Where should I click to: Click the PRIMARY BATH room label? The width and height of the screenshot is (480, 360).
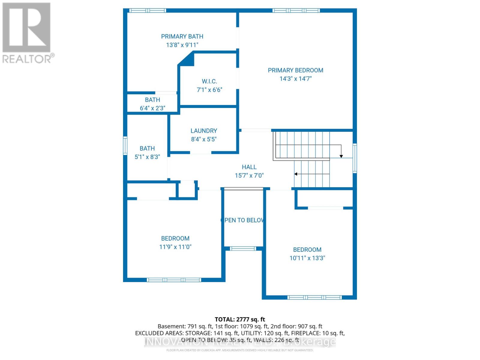pyautogui.click(x=182, y=37)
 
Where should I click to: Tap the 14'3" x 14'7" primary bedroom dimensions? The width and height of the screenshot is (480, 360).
pyautogui.click(x=295, y=79)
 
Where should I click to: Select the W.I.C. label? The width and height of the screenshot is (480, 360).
pyautogui.click(x=209, y=81)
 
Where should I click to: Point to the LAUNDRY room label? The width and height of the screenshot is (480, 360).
pyautogui.click(x=204, y=131)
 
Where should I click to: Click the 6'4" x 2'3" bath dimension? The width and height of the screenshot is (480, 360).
pyautogui.click(x=152, y=108)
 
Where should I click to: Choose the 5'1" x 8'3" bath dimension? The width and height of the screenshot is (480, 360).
pyautogui.click(x=147, y=157)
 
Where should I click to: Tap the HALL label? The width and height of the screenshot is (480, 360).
pyautogui.click(x=249, y=167)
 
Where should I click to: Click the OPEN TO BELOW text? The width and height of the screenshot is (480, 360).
pyautogui.click(x=243, y=220)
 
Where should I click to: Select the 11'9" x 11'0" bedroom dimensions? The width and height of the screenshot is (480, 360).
pyautogui.click(x=175, y=247)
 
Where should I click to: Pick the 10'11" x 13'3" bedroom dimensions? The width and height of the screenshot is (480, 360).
pyautogui.click(x=307, y=258)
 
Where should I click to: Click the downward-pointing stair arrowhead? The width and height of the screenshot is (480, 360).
pyautogui.click(x=341, y=156)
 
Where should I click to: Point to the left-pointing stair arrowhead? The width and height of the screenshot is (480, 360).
pyautogui.click(x=296, y=174)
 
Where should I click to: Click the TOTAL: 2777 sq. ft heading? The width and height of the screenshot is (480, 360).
pyautogui.click(x=240, y=319)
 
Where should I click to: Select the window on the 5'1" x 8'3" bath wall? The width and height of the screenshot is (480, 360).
pyautogui.click(x=125, y=145)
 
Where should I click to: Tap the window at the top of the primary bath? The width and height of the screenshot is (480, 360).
pyautogui.click(x=148, y=10)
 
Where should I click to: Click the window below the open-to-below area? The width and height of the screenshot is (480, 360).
pyautogui.click(x=243, y=248)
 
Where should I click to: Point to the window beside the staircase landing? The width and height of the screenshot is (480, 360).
pyautogui.click(x=355, y=158)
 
